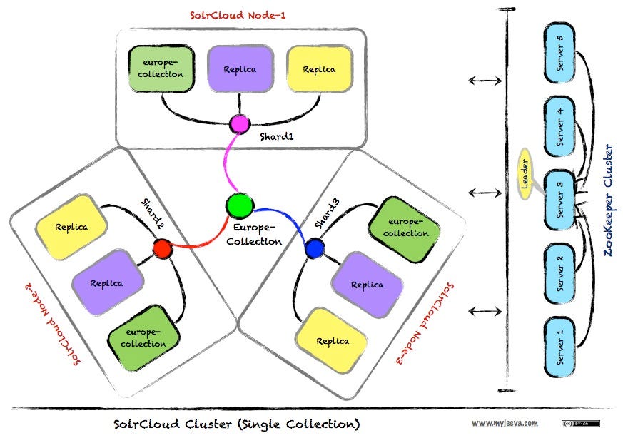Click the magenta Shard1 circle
click(238, 124)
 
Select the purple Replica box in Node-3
click(368, 284)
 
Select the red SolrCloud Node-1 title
click(239, 14)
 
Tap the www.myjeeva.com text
click(505, 422)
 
